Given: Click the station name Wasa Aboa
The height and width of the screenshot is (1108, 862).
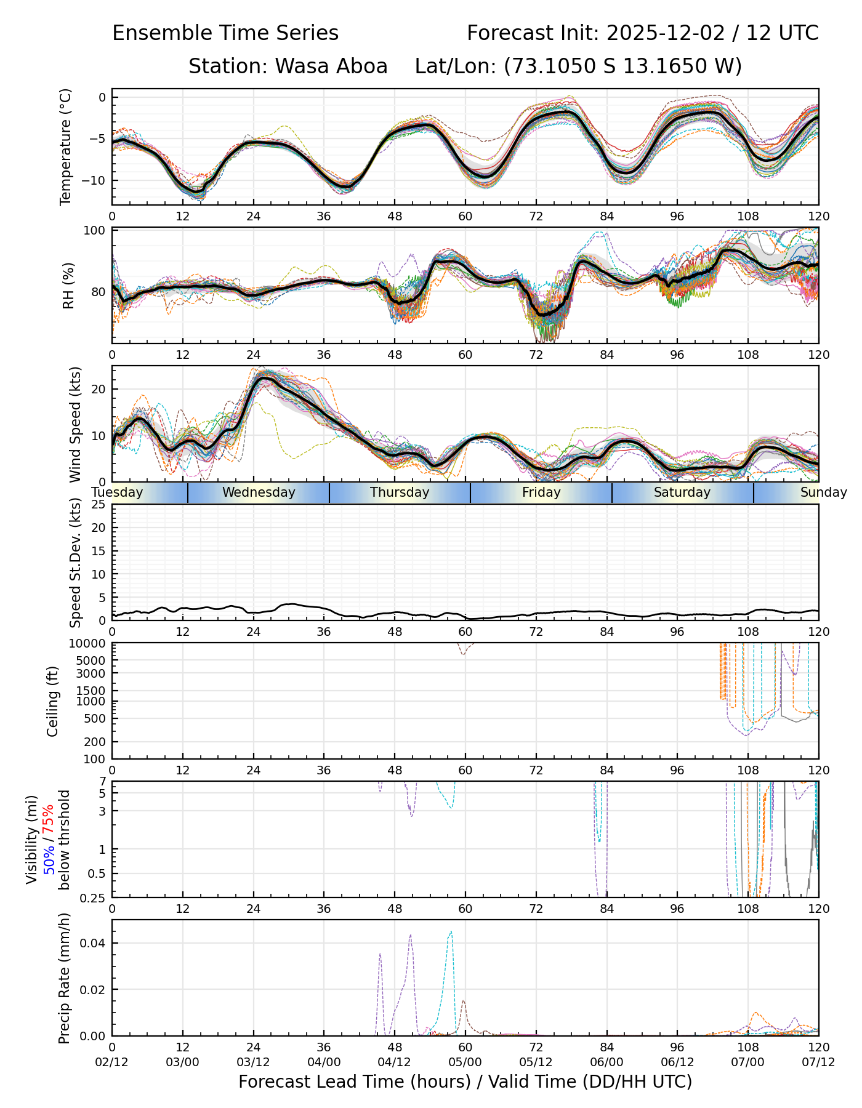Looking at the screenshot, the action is click(x=331, y=66).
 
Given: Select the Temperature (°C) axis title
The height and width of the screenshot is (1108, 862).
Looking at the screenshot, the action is click(x=66, y=147).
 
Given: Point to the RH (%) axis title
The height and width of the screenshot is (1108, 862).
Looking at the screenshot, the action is click(x=68, y=286).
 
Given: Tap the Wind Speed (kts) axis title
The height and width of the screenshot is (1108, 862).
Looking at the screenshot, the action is click(x=75, y=424).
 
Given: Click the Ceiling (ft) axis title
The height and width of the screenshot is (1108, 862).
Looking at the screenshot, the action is click(x=53, y=701).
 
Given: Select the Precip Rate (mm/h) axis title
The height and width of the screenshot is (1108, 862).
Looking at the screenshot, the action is click(x=64, y=978).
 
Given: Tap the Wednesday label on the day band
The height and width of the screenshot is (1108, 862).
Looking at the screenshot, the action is click(x=259, y=492).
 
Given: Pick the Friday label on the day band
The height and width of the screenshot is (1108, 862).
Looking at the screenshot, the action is click(x=541, y=492).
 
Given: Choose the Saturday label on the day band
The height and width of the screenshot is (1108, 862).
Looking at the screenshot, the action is click(x=682, y=492).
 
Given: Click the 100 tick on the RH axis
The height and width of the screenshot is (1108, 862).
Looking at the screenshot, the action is click(x=97, y=231).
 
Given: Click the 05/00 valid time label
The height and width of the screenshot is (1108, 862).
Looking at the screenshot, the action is click(x=465, y=1062).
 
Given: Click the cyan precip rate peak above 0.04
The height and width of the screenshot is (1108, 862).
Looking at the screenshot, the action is click(x=451, y=931).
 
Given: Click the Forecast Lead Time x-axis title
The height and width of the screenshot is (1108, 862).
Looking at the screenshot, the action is click(x=465, y=1082).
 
